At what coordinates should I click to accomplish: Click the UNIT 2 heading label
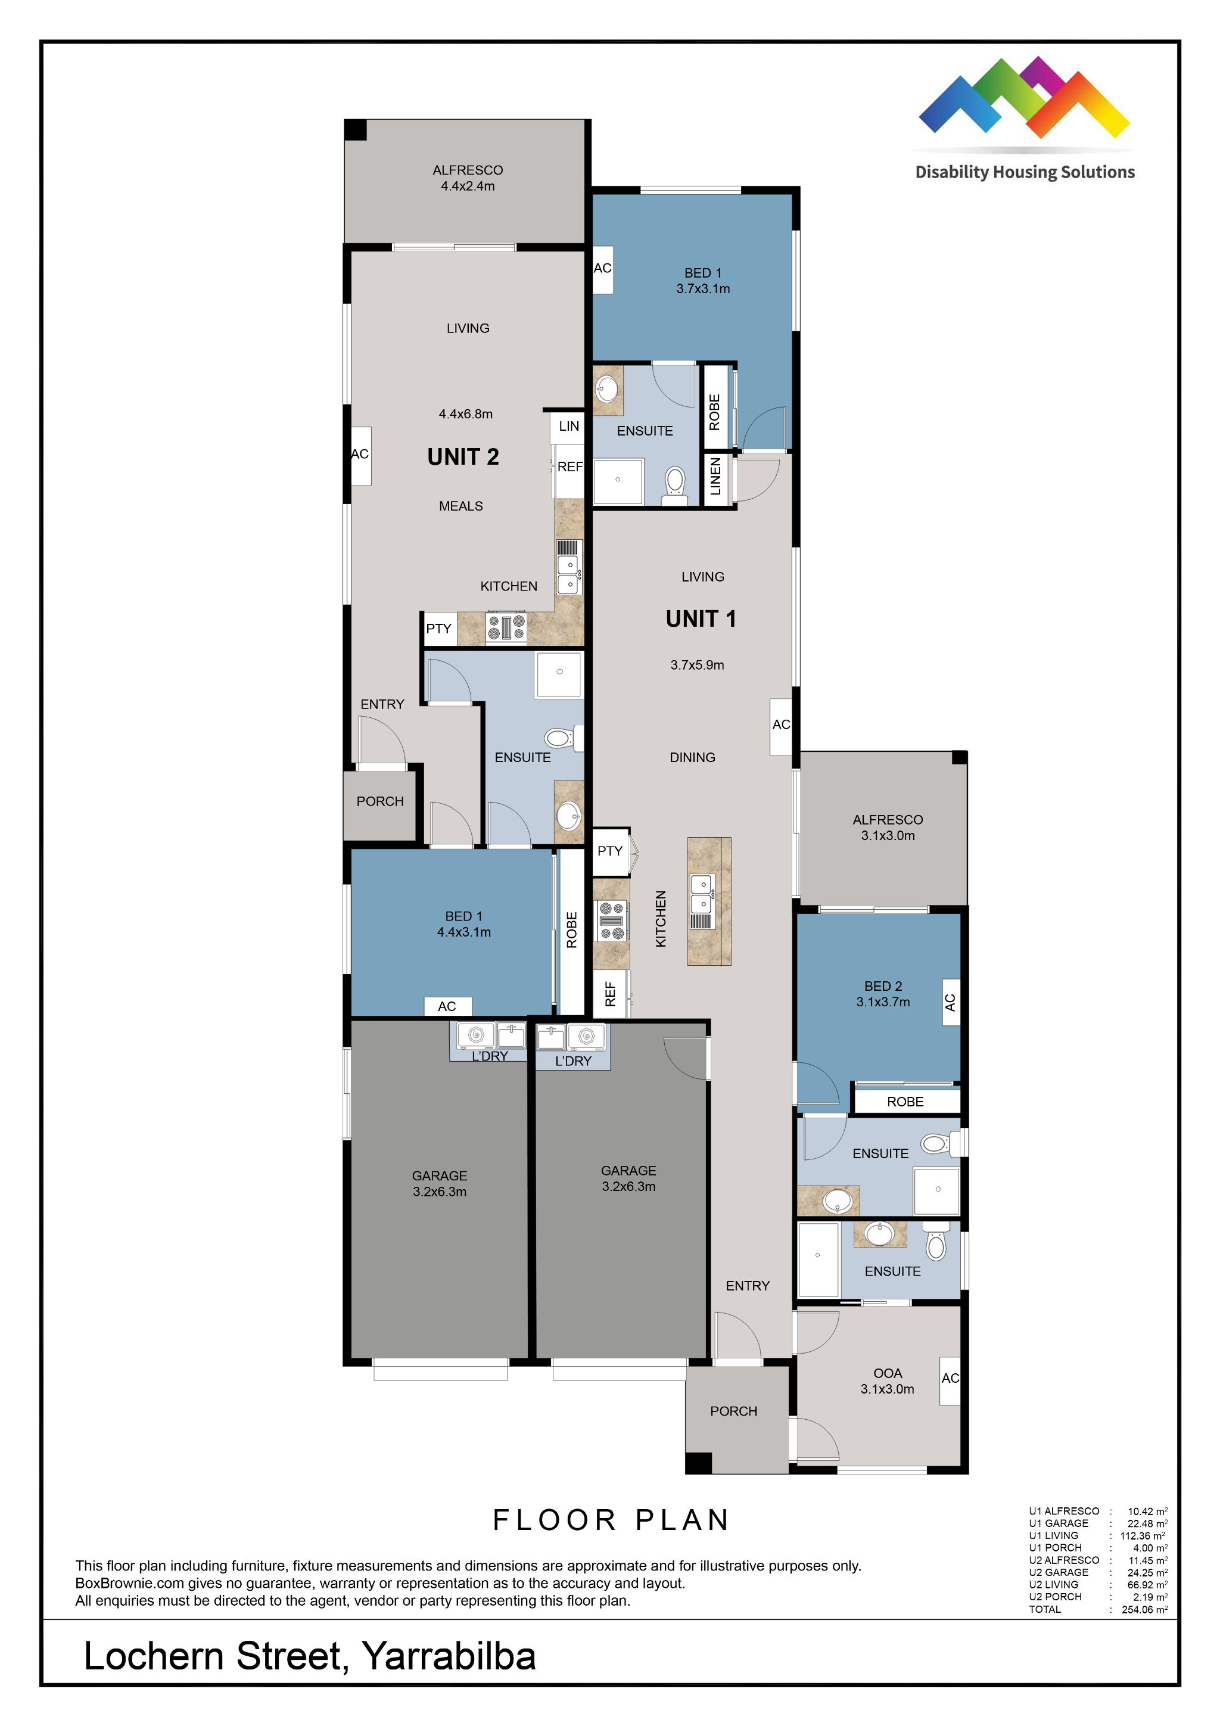463,457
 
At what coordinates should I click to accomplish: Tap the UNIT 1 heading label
701,618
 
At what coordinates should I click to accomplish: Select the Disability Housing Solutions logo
1025,118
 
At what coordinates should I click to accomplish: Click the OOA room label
888,1373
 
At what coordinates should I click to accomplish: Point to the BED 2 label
883,985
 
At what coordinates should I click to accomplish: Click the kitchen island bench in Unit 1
709,901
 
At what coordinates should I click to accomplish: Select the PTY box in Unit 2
440,629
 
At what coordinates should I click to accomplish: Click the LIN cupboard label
569,426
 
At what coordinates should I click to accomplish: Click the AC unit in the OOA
950,1379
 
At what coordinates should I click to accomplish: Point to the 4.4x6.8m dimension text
466,413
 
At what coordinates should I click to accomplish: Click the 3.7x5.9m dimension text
698,664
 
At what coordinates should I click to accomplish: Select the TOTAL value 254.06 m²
1145,1609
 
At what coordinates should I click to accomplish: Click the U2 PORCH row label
1056,1597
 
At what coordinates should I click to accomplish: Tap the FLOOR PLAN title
611,1520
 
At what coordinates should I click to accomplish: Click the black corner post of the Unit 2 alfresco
356,129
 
